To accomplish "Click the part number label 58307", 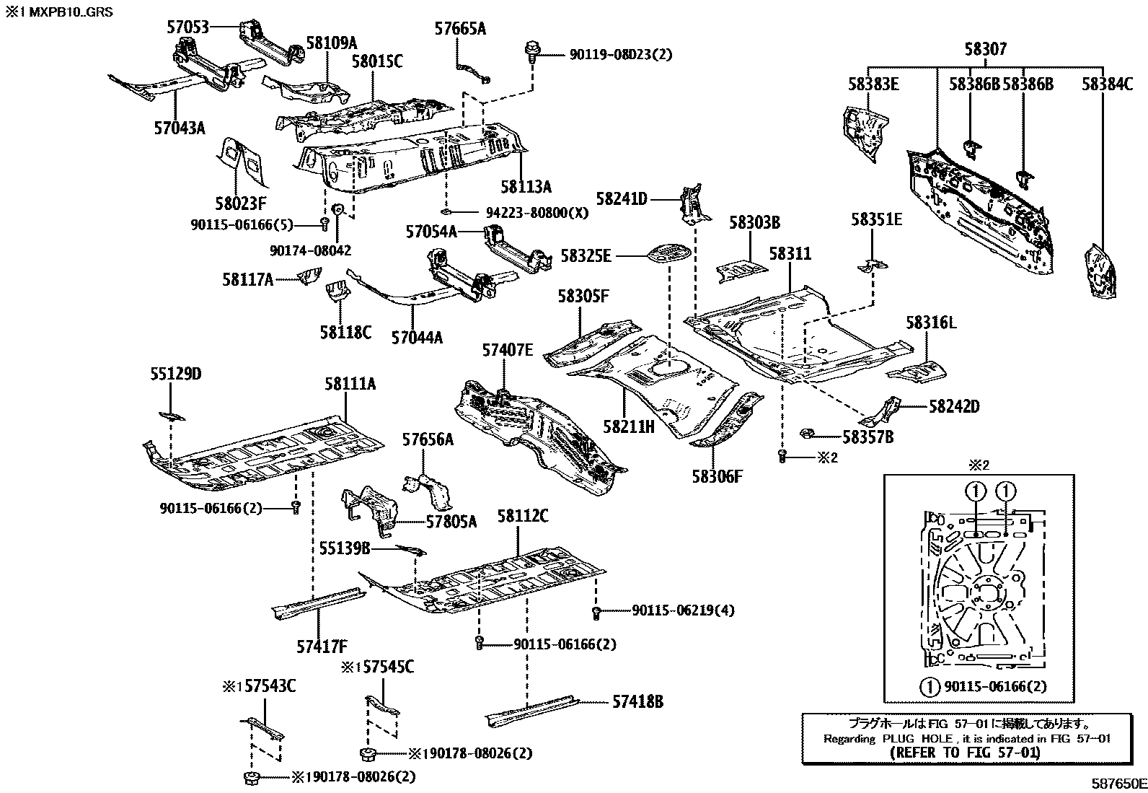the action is [x=986, y=49].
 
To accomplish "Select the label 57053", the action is [x=188, y=27].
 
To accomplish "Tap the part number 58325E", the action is [x=586, y=255].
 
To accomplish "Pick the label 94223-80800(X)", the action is [x=537, y=212].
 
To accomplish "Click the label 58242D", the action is [x=954, y=406].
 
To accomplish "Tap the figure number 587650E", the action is [x=1118, y=783].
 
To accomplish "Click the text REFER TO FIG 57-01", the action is [x=966, y=753].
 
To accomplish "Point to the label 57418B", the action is [x=637, y=701].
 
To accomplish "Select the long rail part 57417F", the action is [x=319, y=604].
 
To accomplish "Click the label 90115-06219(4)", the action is [x=683, y=610].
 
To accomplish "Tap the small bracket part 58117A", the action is [x=310, y=276].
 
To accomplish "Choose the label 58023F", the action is [x=241, y=203].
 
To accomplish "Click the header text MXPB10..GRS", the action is [x=71, y=12].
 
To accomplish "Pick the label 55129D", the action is [x=176, y=374].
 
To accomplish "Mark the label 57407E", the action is [x=508, y=350].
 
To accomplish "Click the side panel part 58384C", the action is [x=1100, y=271].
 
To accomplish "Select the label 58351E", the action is [x=876, y=219].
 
